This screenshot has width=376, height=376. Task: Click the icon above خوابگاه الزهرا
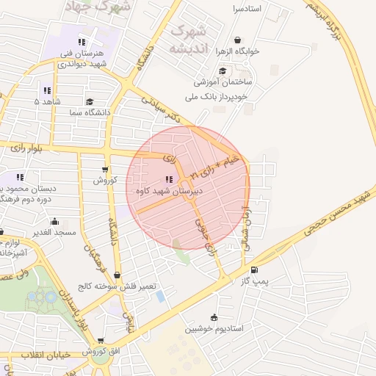[x=236, y=40]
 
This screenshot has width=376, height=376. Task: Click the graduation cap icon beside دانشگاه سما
[x=90, y=102]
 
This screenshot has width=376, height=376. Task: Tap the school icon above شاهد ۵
[x=47, y=90]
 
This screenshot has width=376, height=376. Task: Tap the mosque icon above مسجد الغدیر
[x=54, y=221]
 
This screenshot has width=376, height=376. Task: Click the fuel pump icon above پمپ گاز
[x=254, y=270]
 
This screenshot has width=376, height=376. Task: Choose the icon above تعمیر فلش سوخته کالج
[x=117, y=275]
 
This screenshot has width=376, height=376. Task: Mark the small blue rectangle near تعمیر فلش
[x=161, y=296]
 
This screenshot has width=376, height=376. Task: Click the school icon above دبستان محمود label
[x=20, y=177]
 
